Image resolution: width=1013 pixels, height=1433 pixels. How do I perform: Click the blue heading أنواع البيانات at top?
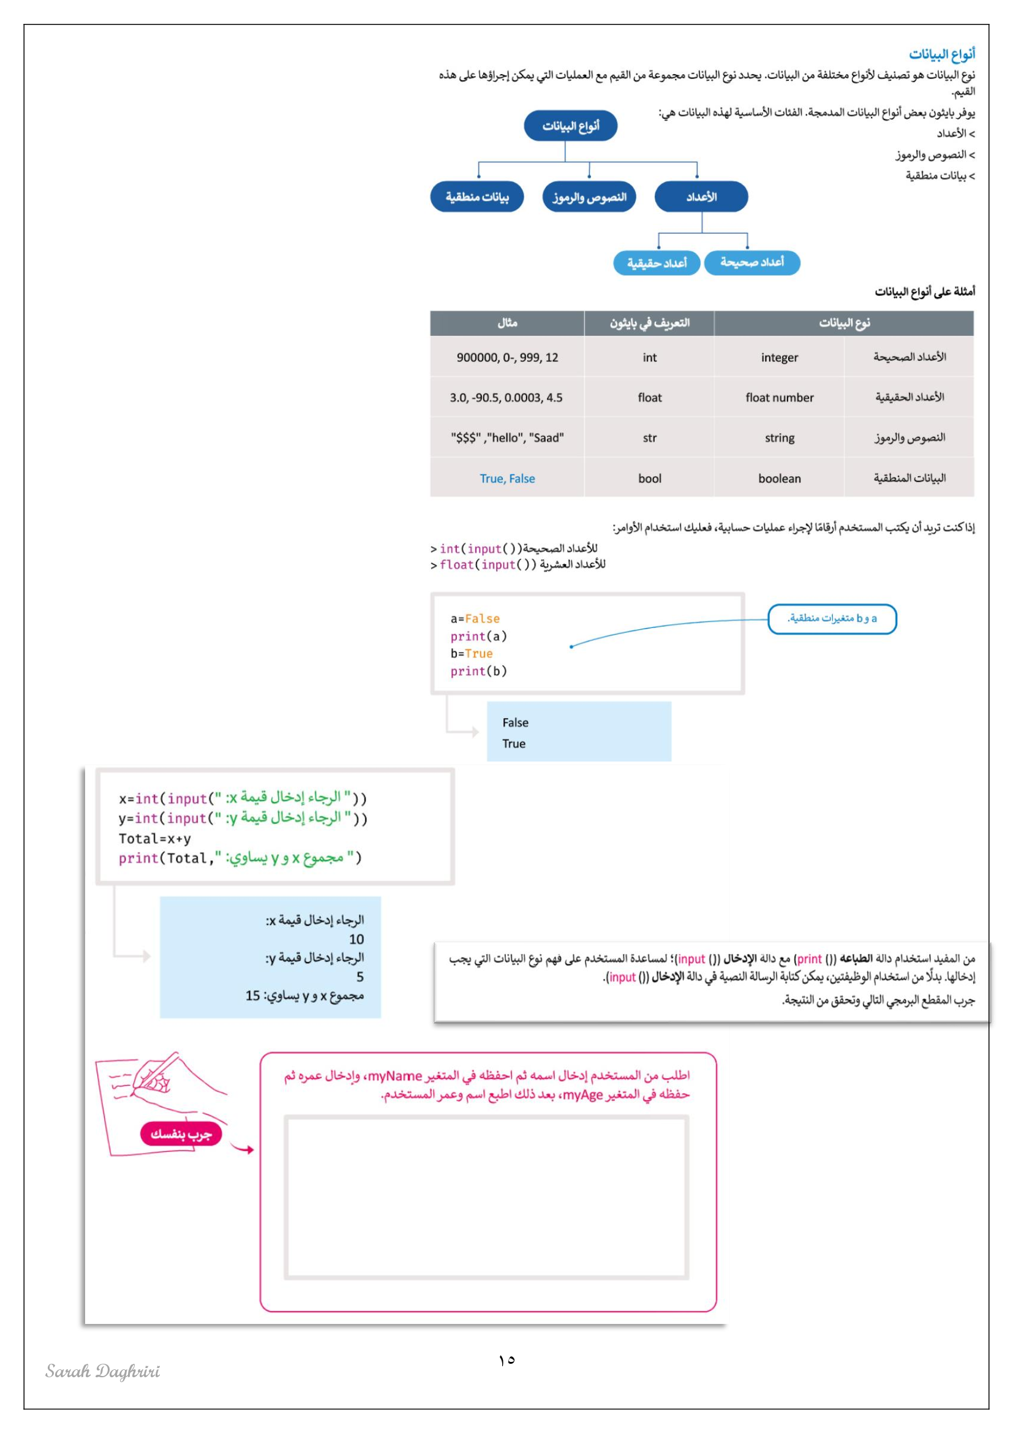tap(941, 55)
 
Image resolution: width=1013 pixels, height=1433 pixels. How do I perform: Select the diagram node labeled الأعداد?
tap(701, 197)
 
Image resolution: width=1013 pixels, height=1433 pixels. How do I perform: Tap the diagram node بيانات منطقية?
tap(476, 197)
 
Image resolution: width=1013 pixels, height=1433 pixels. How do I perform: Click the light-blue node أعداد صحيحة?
tap(751, 262)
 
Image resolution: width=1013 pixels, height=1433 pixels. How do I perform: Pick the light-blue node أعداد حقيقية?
tap(656, 263)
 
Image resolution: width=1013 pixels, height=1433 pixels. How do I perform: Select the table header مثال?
tap(507, 323)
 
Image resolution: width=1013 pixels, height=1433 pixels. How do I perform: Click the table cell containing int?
tap(649, 358)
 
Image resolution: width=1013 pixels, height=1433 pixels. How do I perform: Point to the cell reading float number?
tap(779, 398)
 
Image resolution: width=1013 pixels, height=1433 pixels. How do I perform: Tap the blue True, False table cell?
tap(507, 478)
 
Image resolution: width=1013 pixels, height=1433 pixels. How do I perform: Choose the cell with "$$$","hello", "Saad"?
tap(507, 438)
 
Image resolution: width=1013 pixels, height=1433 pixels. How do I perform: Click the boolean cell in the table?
tap(779, 478)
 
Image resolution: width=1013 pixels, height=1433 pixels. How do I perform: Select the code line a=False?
tap(475, 619)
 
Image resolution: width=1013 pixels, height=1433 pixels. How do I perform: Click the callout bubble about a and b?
tap(832, 619)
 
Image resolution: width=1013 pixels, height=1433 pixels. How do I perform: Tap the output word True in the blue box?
tap(514, 744)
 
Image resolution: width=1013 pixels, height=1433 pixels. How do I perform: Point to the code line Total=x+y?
tap(155, 839)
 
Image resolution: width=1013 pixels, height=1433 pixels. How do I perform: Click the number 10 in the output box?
tap(356, 939)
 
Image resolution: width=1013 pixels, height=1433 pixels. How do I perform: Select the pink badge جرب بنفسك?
tap(181, 1133)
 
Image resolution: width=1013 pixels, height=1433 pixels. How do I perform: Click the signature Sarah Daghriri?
tap(103, 1371)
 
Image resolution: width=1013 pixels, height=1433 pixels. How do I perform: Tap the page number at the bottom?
tap(506, 1359)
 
